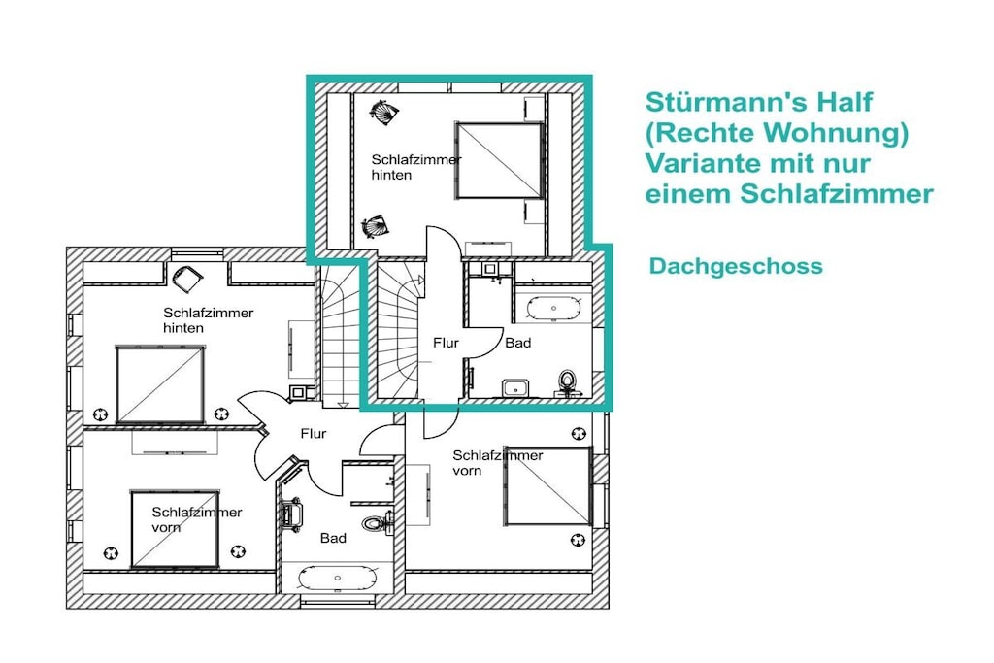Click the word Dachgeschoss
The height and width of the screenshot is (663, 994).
pos(736,266)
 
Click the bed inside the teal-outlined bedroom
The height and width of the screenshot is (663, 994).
pos(500,160)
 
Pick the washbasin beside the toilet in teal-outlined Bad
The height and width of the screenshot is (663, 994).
pos(515,387)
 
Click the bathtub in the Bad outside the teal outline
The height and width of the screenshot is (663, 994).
pos(337,579)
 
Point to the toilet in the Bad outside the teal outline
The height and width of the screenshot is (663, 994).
pos(376,523)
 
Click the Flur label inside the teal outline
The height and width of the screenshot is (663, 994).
pos(446,343)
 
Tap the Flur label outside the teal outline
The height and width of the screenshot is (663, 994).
pos(314,434)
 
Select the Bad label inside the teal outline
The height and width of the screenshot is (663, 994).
pos(518,343)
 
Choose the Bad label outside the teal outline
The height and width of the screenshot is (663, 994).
pos(333,538)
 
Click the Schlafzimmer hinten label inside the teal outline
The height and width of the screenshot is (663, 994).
pos(415,167)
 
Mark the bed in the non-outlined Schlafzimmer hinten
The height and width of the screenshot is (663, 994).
pos(160,384)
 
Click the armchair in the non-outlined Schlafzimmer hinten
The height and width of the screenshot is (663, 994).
pos(186,278)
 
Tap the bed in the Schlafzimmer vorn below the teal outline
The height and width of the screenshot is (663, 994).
pos(548,486)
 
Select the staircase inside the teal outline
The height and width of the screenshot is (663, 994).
pos(398,330)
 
